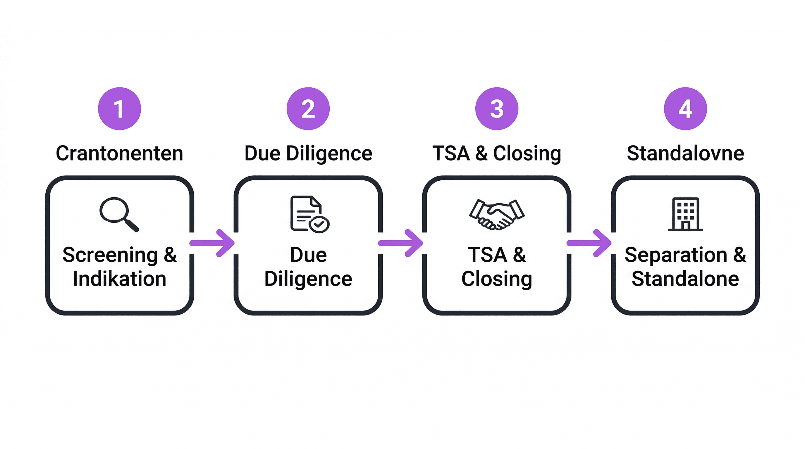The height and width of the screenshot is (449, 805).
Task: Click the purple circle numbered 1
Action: (119, 109)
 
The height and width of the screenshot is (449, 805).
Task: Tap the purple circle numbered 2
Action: (308, 109)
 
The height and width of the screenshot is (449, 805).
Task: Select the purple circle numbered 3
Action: (497, 109)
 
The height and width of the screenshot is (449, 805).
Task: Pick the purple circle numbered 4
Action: (685, 109)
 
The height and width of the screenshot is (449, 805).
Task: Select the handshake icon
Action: (497, 215)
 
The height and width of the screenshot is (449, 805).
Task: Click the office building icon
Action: (685, 214)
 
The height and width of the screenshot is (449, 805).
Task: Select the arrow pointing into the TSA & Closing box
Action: (401, 243)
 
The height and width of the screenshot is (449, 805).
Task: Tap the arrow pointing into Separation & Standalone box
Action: (590, 243)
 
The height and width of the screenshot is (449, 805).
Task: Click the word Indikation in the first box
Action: (119, 279)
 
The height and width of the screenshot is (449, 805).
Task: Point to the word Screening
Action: (110, 255)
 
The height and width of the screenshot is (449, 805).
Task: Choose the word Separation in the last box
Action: (676, 255)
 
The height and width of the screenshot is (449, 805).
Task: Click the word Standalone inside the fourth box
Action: (685, 279)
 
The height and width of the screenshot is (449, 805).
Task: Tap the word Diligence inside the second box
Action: (308, 279)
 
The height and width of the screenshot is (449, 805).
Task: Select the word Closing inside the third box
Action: (497, 279)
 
